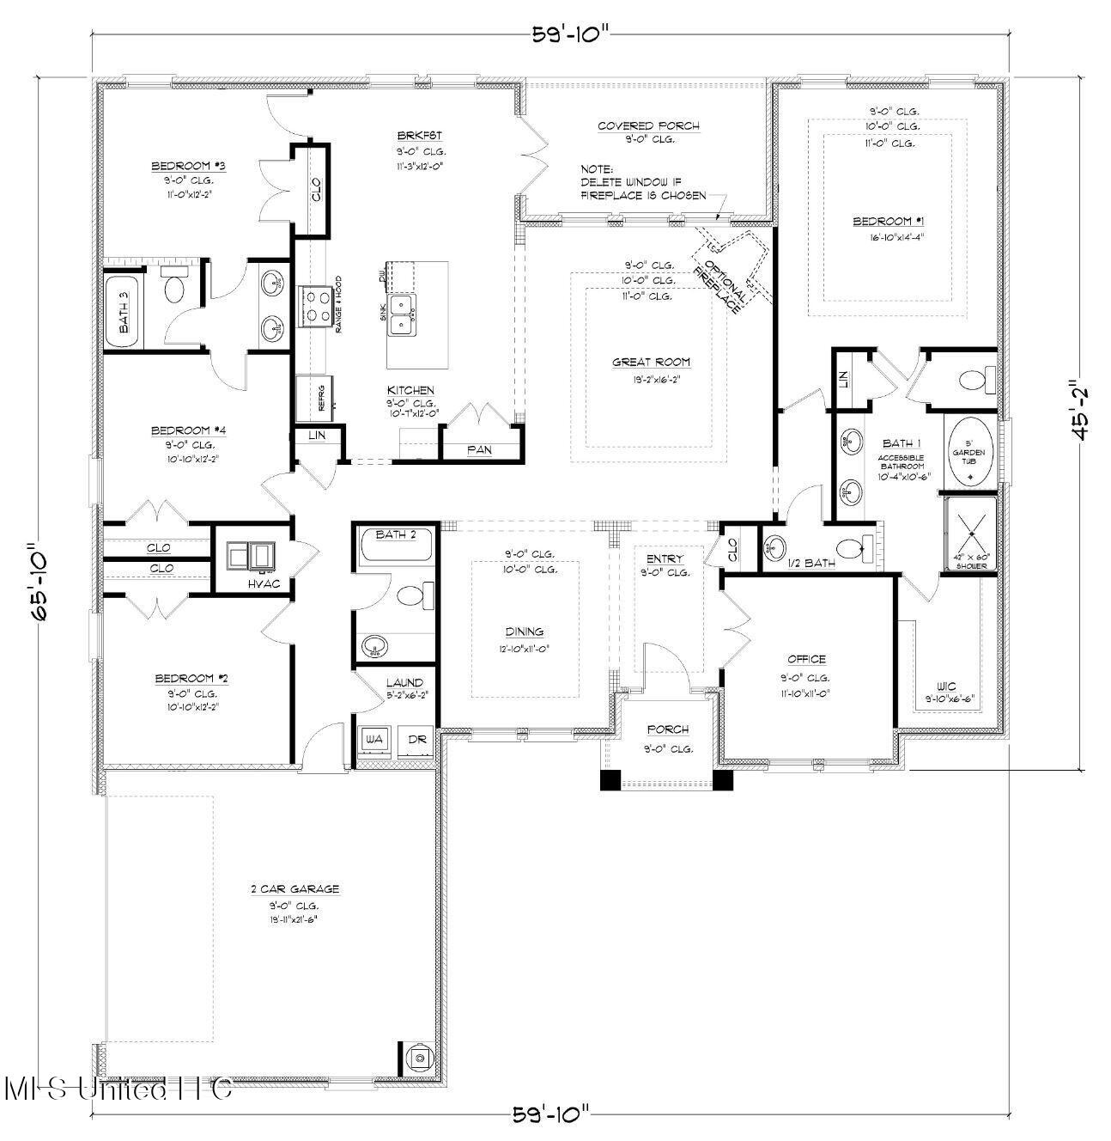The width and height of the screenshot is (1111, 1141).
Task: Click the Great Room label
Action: coord(651,362)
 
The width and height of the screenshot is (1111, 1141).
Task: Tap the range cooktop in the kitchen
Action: coord(315,307)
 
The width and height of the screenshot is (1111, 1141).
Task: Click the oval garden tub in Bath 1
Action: coord(969,452)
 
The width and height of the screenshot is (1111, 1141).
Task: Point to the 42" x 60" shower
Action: coord(971,534)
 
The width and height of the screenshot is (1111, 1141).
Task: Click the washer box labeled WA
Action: coord(373,739)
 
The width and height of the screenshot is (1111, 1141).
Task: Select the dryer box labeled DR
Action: coord(416,739)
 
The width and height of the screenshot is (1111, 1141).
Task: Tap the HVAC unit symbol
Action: coord(250,557)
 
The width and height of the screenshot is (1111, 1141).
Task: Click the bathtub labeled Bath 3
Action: coord(124,311)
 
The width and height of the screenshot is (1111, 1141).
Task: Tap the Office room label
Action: coord(806,659)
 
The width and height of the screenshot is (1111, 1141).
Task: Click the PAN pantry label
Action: coord(479,449)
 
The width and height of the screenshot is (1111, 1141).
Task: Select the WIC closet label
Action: coord(946,686)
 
